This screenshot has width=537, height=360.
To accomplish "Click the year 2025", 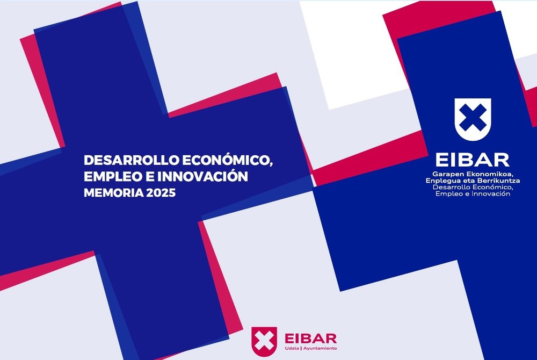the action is pos(161,193).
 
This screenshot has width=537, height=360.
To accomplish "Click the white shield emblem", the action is pos(473,119).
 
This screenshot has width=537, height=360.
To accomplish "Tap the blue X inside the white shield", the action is pos(473,118).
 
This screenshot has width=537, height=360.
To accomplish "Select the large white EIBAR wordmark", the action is pos(472,160).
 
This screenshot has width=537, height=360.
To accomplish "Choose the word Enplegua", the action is pos(442,181).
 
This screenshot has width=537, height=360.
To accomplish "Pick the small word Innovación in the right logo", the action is pos(491,194).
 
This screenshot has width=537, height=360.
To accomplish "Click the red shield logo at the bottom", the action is pos(264,341).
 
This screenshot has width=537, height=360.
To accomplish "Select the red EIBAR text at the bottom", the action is pos(310,339).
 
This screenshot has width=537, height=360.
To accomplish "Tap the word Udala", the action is pos(292,348).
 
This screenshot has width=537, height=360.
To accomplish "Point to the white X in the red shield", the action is pos(264,341).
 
